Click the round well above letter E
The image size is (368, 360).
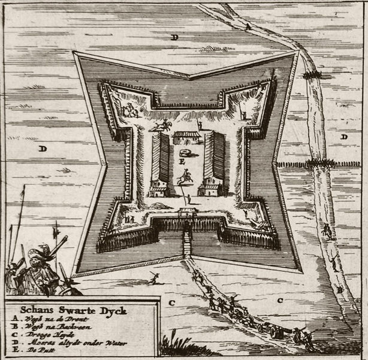[188, 153]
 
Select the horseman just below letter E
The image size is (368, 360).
[185, 177]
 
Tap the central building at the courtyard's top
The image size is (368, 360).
[186, 138]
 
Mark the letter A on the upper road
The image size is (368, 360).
[247, 26]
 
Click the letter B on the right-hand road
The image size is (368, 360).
[339, 291]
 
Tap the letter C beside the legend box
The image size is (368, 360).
[171, 302]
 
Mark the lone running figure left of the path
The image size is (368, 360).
[154, 278]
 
